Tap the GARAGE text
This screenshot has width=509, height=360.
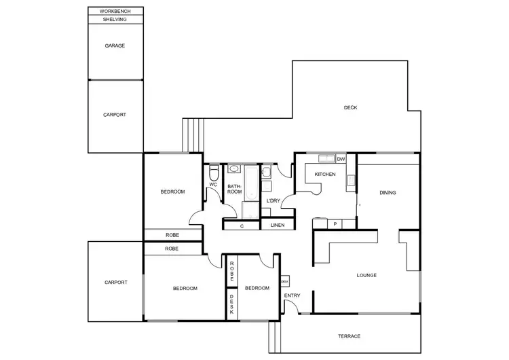click(115, 46)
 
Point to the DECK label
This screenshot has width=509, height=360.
click(350, 107)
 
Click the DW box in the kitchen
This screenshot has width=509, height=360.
click(341, 159)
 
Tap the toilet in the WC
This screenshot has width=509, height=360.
click(214, 172)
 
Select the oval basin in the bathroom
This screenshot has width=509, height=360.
click(234, 169)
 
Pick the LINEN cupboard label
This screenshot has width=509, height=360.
click(277, 225)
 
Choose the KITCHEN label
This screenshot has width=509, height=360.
click(324, 175)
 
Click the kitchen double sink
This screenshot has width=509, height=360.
click(324, 159)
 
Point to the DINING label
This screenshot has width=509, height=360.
click(388, 193)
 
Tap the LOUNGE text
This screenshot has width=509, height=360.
click(366, 275)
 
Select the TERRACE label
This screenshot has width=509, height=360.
click(349, 336)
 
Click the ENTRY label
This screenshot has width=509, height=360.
click(292, 295)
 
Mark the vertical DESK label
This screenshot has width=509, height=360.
click(231, 302)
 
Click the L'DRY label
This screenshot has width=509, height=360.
click(274, 201)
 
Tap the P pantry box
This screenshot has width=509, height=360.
click(335, 223)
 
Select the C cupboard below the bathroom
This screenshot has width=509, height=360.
click(242, 225)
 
